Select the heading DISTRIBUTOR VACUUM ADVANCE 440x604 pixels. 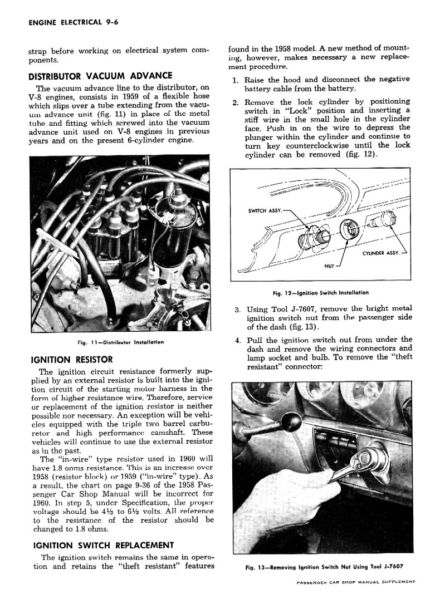[100, 76]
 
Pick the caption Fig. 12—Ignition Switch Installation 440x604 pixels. [320, 292]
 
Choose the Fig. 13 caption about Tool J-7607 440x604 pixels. [324, 567]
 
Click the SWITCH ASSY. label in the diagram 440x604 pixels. [265, 211]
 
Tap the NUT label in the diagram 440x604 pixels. [329, 266]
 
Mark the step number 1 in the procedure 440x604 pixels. [236, 80]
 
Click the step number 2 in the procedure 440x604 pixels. [236, 102]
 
